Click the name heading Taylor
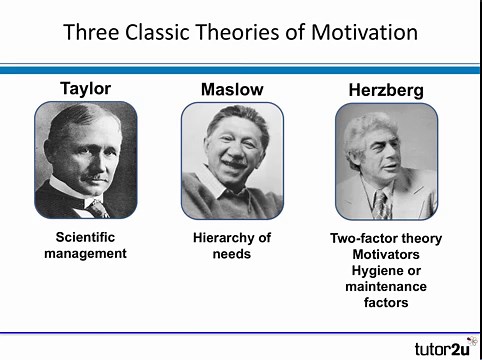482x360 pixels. click(85, 88)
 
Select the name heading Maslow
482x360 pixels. click(232, 89)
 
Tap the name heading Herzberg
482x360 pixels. click(385, 90)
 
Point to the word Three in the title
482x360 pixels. click(91, 32)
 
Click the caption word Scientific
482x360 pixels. click(85, 238)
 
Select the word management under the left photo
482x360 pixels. click(85, 254)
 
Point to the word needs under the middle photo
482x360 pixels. click(232, 254)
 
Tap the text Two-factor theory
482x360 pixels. click(385, 239)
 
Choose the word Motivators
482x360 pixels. click(385, 255)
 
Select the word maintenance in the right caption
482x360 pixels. click(385, 287)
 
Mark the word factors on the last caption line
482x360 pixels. click(385, 303)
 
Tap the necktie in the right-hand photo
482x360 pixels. click(382, 205)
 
